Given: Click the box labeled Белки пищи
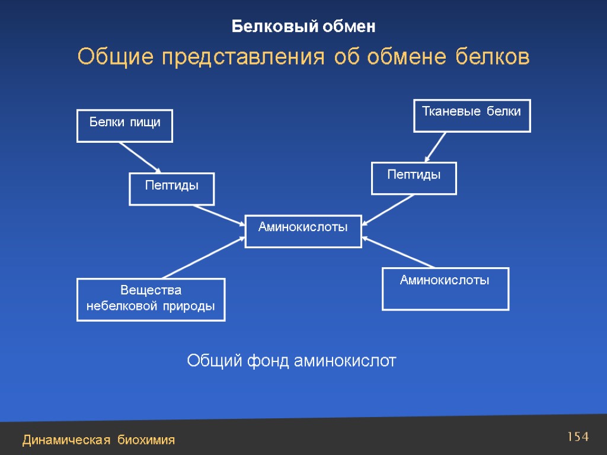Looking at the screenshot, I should (x=124, y=126).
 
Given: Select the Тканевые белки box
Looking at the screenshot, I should (x=471, y=115).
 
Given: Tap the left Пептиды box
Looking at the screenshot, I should (x=171, y=189).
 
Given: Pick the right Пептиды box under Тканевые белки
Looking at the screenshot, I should (x=414, y=178).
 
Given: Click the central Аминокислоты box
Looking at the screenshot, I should (x=303, y=231).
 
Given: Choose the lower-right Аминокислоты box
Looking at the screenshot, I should (x=445, y=289).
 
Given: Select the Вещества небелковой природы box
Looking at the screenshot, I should (x=151, y=299).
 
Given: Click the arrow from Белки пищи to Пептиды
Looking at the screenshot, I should (x=140, y=157).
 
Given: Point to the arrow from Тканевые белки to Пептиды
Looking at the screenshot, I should (x=436, y=146).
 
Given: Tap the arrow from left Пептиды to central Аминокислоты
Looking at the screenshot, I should (x=218, y=215).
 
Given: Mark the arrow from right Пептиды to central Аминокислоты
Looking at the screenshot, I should (x=388, y=210).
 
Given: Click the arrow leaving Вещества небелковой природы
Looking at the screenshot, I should (x=203, y=257).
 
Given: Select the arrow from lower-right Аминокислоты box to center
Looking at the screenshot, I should (x=400, y=252).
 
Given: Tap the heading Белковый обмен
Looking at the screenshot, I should (x=303, y=27).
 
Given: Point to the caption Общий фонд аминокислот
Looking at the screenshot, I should (x=291, y=360).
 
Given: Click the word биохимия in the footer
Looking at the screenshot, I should (x=146, y=440).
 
